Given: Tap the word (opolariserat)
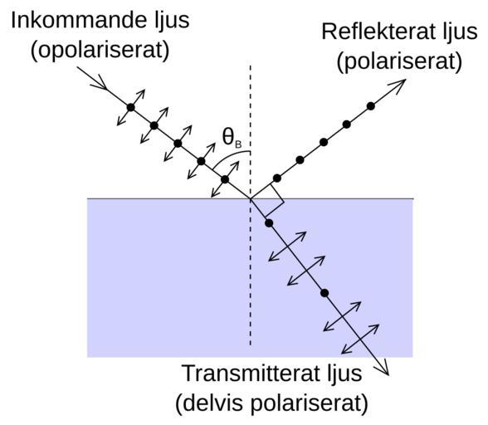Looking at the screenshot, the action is pyautogui.click(x=100, y=50).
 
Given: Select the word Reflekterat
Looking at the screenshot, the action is pyautogui.click(x=378, y=32).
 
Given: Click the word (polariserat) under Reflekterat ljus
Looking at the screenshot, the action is pyautogui.click(x=400, y=61).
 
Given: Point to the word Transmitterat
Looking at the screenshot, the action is pyautogui.click(x=251, y=373).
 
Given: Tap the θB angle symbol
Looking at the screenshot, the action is pyautogui.click(x=232, y=139).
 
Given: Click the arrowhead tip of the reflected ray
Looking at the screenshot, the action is pyautogui.click(x=406, y=80).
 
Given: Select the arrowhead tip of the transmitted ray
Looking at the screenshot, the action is pyautogui.click(x=388, y=375).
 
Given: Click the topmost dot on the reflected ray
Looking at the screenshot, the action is pyautogui.click(x=370, y=106).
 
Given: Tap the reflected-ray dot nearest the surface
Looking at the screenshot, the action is pyautogui.click(x=277, y=178).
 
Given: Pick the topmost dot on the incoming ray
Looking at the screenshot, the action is pyautogui.click(x=131, y=107).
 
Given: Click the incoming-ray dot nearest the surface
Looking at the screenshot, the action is pyautogui.click(x=225, y=179).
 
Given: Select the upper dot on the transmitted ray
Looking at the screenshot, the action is pyautogui.click(x=269, y=223).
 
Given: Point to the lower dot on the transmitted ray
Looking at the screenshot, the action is pyautogui.click(x=325, y=293).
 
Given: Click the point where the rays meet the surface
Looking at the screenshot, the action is pyautogui.click(x=251, y=198).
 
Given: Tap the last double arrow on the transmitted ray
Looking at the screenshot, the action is pyautogui.click(x=360, y=339).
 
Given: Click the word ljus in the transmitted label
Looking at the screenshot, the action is pyautogui.click(x=344, y=374).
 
